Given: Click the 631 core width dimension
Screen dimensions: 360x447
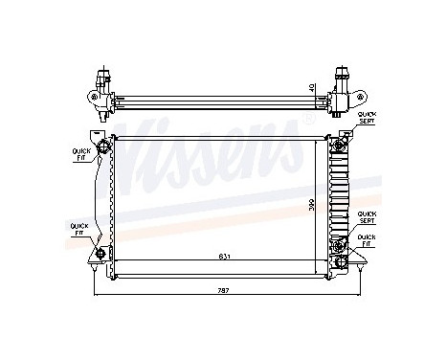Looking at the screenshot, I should [x=223, y=255].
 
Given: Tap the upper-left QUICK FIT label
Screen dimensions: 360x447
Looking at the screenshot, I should [x=80, y=153].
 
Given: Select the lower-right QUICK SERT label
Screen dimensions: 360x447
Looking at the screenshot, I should [x=367, y=216].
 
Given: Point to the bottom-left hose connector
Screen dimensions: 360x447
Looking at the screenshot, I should [x=101, y=253].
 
